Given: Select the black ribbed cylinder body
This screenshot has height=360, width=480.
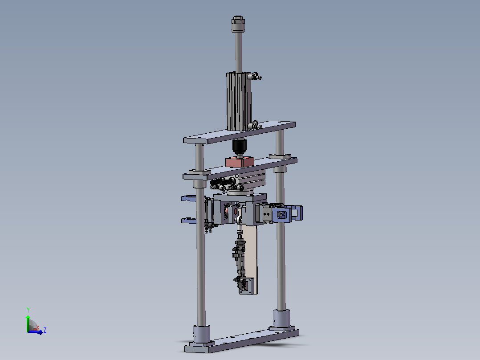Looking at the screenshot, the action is point(239,101).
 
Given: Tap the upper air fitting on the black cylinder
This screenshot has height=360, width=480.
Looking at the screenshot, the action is point(255,76).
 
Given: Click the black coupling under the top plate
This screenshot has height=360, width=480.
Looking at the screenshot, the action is point(239,147).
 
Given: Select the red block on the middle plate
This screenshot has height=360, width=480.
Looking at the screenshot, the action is point(240,161).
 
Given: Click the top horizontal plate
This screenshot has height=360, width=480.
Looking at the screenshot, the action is point(240,132).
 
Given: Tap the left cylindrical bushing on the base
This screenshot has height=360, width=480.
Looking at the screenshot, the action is point(201,335).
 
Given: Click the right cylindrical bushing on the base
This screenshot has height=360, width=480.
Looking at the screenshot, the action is point(281,319).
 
